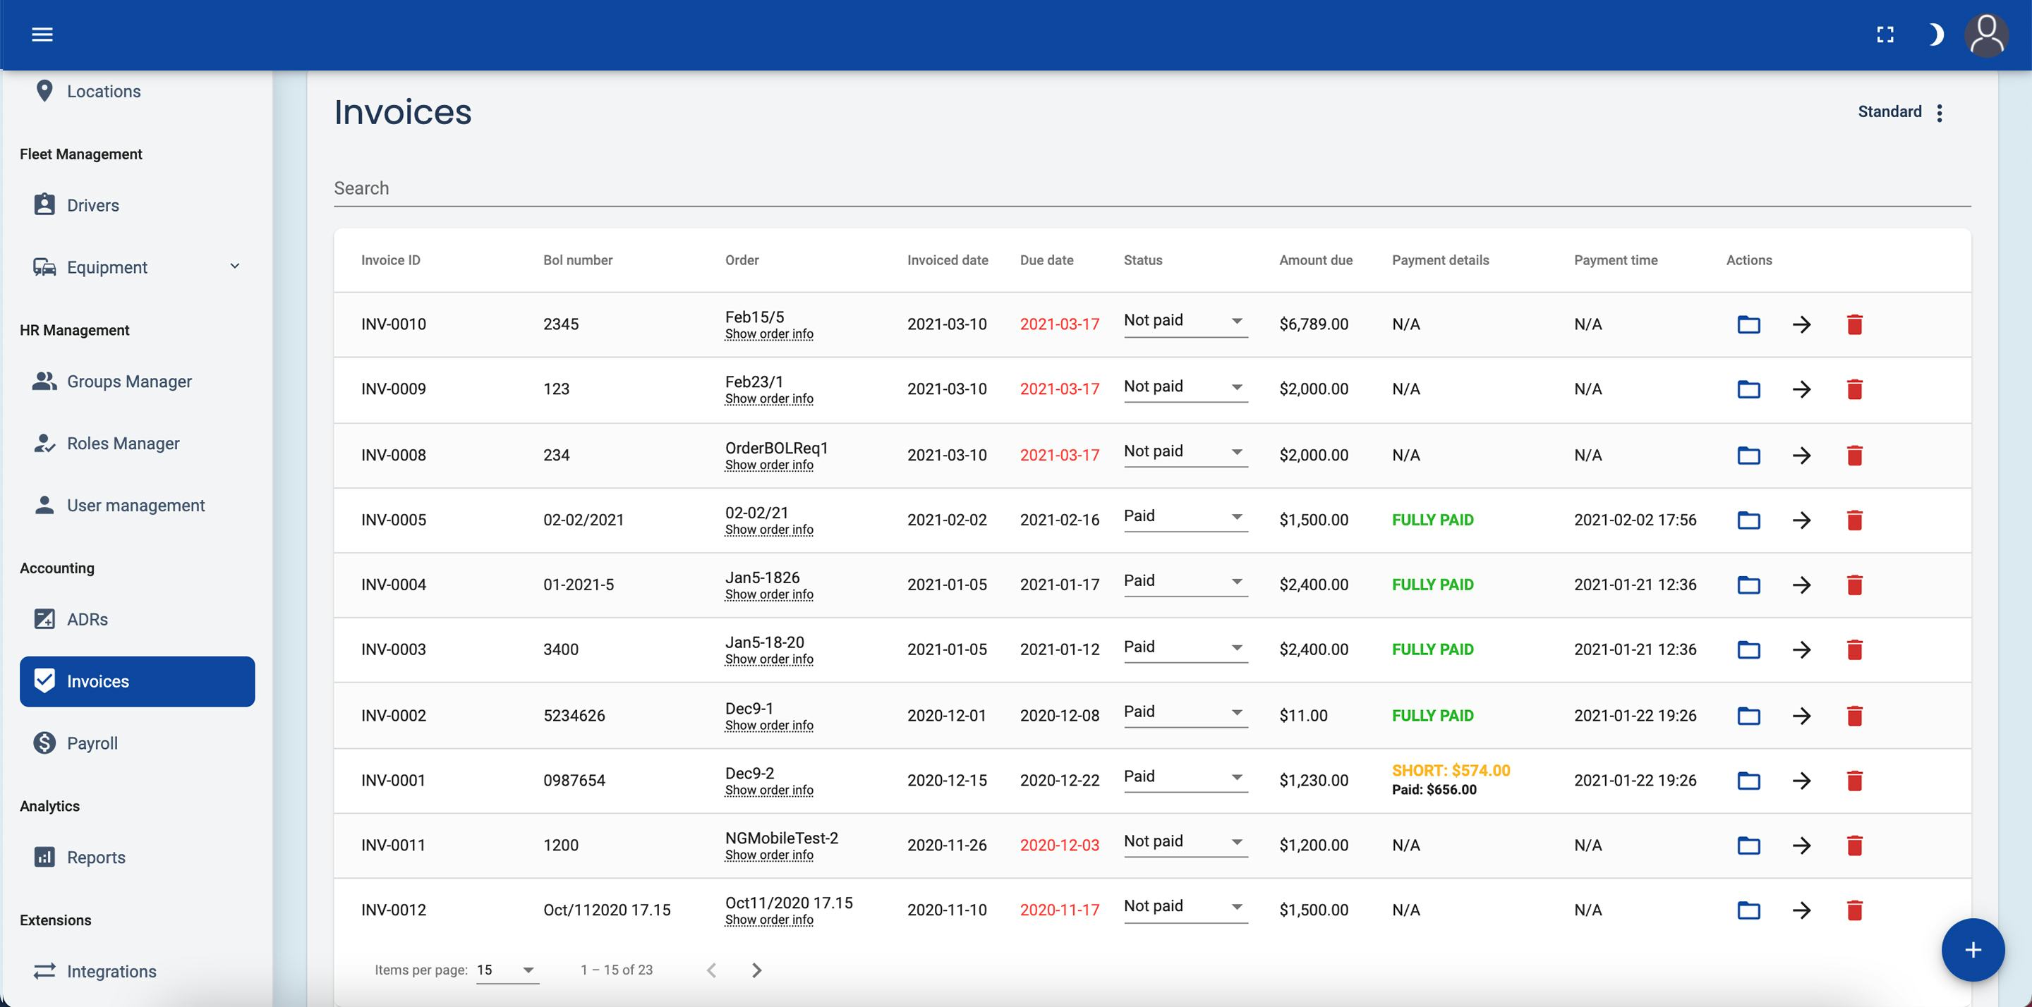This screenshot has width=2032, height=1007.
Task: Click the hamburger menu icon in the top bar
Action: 42,35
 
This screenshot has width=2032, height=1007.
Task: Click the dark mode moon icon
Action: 1935,35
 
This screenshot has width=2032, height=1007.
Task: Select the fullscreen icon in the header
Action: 1885,35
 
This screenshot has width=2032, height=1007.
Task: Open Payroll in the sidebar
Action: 92,743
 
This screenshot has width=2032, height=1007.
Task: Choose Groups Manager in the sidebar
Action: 128,382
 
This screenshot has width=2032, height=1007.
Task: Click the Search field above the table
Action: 1151,188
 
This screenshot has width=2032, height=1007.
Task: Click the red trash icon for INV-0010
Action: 1854,324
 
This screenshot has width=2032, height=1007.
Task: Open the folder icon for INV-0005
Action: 1748,520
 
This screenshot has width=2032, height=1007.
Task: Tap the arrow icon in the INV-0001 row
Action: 1801,781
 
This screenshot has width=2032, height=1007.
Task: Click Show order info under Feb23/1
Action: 768,399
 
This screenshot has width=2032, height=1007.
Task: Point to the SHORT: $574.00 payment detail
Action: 1451,771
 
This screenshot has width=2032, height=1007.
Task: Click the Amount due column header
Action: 1315,260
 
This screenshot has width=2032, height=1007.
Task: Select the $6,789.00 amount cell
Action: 1313,324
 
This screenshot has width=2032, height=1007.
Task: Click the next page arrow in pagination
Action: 756,970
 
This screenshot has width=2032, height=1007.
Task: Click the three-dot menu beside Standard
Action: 1940,113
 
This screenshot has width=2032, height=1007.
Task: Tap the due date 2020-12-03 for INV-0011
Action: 1058,846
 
